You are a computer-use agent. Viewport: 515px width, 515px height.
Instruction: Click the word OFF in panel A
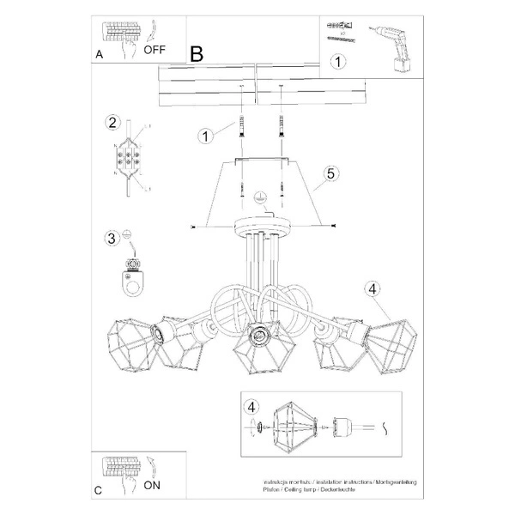pos(155,50)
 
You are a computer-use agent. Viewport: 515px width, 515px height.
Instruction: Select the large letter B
pos(197,53)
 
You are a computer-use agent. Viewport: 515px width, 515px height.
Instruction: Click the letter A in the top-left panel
pos(100,54)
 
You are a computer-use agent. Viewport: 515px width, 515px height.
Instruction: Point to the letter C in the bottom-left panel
pos(99,491)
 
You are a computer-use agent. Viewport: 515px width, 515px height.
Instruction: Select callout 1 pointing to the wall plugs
pos(205,135)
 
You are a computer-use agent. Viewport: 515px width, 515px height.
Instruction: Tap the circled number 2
pos(112,122)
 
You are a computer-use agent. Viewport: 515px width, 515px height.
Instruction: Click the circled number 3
pos(112,238)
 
